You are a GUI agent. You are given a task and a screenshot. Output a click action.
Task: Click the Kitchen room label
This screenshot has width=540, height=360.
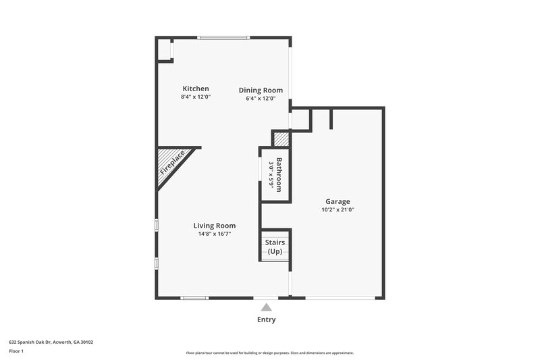(x=196, y=88)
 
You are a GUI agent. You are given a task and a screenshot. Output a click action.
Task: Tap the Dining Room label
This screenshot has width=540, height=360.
(x=261, y=90)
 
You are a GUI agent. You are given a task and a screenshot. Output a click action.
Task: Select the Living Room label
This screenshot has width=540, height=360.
(x=215, y=226)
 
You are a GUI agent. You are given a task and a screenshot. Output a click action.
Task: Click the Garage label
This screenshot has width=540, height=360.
(x=337, y=201)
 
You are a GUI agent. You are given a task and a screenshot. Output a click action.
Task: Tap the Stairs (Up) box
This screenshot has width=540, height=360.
(x=275, y=247)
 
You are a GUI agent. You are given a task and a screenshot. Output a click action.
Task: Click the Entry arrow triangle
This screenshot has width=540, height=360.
(x=266, y=307)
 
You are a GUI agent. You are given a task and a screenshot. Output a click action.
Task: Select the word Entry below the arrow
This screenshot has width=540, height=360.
(x=266, y=319)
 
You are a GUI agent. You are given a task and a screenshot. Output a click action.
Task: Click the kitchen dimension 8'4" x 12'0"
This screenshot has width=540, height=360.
(x=196, y=97)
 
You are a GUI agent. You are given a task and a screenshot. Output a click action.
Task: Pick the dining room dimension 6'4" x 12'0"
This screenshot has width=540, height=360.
(x=261, y=99)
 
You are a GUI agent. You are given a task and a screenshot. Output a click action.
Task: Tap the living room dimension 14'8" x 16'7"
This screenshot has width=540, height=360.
(x=215, y=234)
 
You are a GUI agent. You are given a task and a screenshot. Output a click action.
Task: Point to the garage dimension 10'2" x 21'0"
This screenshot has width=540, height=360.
(x=337, y=210)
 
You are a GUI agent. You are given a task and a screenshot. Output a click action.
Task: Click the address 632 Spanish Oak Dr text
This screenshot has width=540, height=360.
(x=51, y=342)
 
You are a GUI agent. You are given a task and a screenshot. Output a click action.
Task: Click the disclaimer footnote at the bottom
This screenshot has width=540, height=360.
(x=269, y=353)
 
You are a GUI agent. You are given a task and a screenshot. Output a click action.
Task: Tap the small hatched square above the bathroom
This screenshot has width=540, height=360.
(x=281, y=139)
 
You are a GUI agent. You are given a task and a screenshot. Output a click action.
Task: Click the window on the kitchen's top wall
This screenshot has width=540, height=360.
(x=222, y=37)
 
